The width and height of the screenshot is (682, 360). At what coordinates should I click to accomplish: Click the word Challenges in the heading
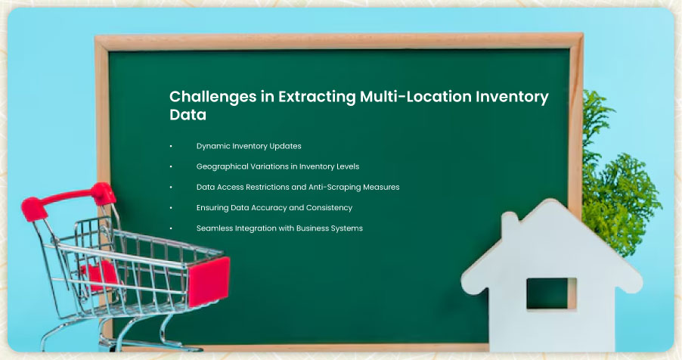(x=212, y=97)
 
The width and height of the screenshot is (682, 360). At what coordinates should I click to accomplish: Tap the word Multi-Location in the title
(x=415, y=96)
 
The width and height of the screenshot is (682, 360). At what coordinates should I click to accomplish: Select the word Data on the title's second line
(x=188, y=115)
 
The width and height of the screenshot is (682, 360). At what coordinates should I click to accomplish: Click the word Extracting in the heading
(x=317, y=97)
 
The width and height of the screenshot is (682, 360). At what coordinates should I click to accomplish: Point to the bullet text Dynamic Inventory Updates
(x=249, y=146)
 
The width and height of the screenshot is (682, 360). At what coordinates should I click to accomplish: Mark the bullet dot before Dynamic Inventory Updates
(x=171, y=146)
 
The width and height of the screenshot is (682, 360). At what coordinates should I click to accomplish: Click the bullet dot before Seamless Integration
(x=171, y=228)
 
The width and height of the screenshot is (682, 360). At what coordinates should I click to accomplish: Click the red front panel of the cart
(x=209, y=281)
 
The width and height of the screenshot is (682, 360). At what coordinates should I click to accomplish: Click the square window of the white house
(x=551, y=293)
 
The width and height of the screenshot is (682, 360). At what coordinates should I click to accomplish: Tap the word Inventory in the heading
(x=512, y=97)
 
